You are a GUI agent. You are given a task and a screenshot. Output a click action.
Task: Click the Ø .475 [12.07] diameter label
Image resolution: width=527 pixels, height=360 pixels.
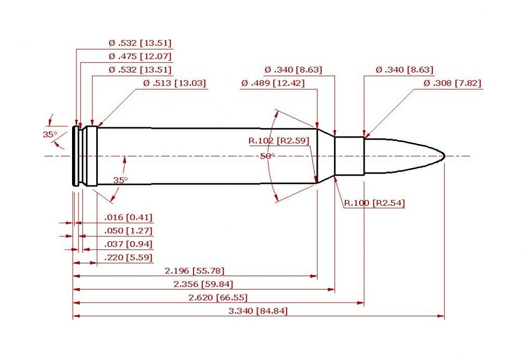coord(140,56)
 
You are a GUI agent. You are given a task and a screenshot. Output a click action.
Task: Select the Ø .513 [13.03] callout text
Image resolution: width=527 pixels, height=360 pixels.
coord(174,83)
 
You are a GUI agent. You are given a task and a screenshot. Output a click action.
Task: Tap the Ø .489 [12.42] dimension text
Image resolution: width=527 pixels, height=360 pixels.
coord(273,83)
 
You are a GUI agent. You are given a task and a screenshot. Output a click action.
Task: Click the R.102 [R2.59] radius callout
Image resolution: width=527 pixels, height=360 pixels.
coord(276,141)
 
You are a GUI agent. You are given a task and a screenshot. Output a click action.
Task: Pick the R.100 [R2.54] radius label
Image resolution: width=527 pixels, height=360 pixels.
coord(374,203)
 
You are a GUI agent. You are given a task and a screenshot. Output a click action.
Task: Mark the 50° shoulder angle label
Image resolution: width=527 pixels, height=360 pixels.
coord(267,156)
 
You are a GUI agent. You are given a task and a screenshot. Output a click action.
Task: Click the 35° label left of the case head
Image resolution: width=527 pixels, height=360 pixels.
coord(50,134)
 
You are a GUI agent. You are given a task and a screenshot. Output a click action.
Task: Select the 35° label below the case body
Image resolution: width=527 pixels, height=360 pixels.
coord(120,180)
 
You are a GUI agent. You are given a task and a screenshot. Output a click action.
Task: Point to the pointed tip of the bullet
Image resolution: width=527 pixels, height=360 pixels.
coord(444,156)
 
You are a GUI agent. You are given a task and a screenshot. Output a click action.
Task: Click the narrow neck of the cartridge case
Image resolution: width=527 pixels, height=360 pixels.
coord(350,156)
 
